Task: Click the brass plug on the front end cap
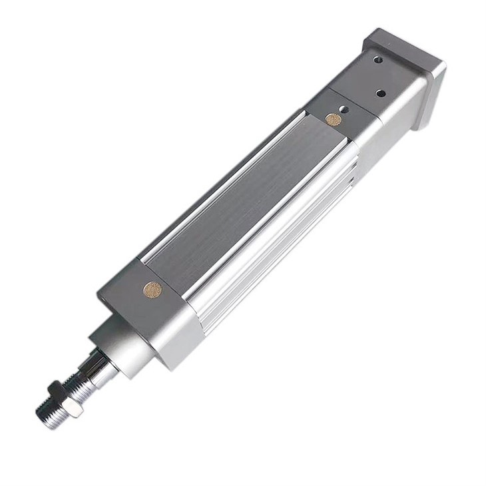click(153, 290)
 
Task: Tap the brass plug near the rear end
click(333, 119)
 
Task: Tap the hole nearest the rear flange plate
click(378, 60)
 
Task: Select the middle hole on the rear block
click(380, 93)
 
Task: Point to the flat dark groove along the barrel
click(246, 200)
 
